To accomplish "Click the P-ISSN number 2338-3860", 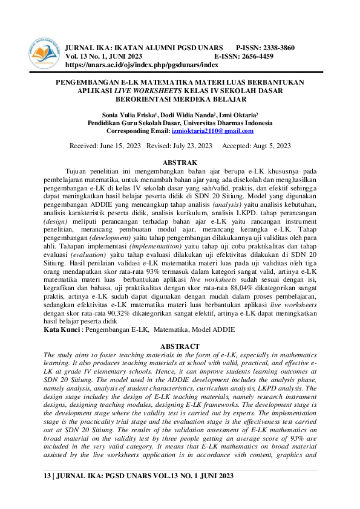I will pos(275,47).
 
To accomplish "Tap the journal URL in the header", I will pos(141,64).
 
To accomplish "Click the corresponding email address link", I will pos(212,131).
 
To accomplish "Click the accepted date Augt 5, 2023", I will pos(267,146).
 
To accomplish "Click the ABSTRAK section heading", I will pos(180,163).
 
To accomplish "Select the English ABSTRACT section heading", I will pos(180,346).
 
